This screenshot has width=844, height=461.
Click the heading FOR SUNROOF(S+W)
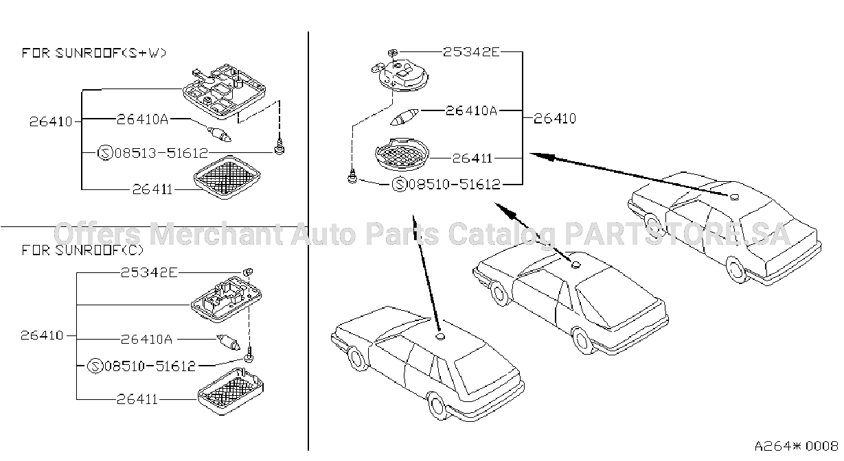pos(94,53)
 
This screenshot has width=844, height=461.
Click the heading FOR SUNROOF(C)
pos(82,250)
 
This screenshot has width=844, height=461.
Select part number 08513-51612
pos(161,153)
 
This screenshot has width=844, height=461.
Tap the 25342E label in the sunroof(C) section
pos(149,272)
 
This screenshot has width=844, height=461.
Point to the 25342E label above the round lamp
pos(471,52)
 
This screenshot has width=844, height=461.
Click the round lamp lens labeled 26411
pos(402,154)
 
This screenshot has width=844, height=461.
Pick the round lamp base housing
pos(402,75)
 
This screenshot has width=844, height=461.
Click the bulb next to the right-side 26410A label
pos(404,117)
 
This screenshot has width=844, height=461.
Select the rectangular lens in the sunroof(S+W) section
pos(227,177)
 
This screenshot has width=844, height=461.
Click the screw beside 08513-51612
pos(280,147)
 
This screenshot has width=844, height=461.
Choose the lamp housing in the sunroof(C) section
pos(226,299)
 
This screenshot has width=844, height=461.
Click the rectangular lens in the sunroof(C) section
pos(231,392)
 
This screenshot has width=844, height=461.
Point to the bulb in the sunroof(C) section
pos(228,342)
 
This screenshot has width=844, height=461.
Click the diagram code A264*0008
pos(796,446)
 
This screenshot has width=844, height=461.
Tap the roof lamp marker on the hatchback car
pos(440,336)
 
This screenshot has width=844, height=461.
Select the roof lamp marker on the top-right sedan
pos(734,197)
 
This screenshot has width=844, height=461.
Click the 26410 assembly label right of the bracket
pos(555,119)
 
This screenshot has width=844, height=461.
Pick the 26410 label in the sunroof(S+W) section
pos(51,121)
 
